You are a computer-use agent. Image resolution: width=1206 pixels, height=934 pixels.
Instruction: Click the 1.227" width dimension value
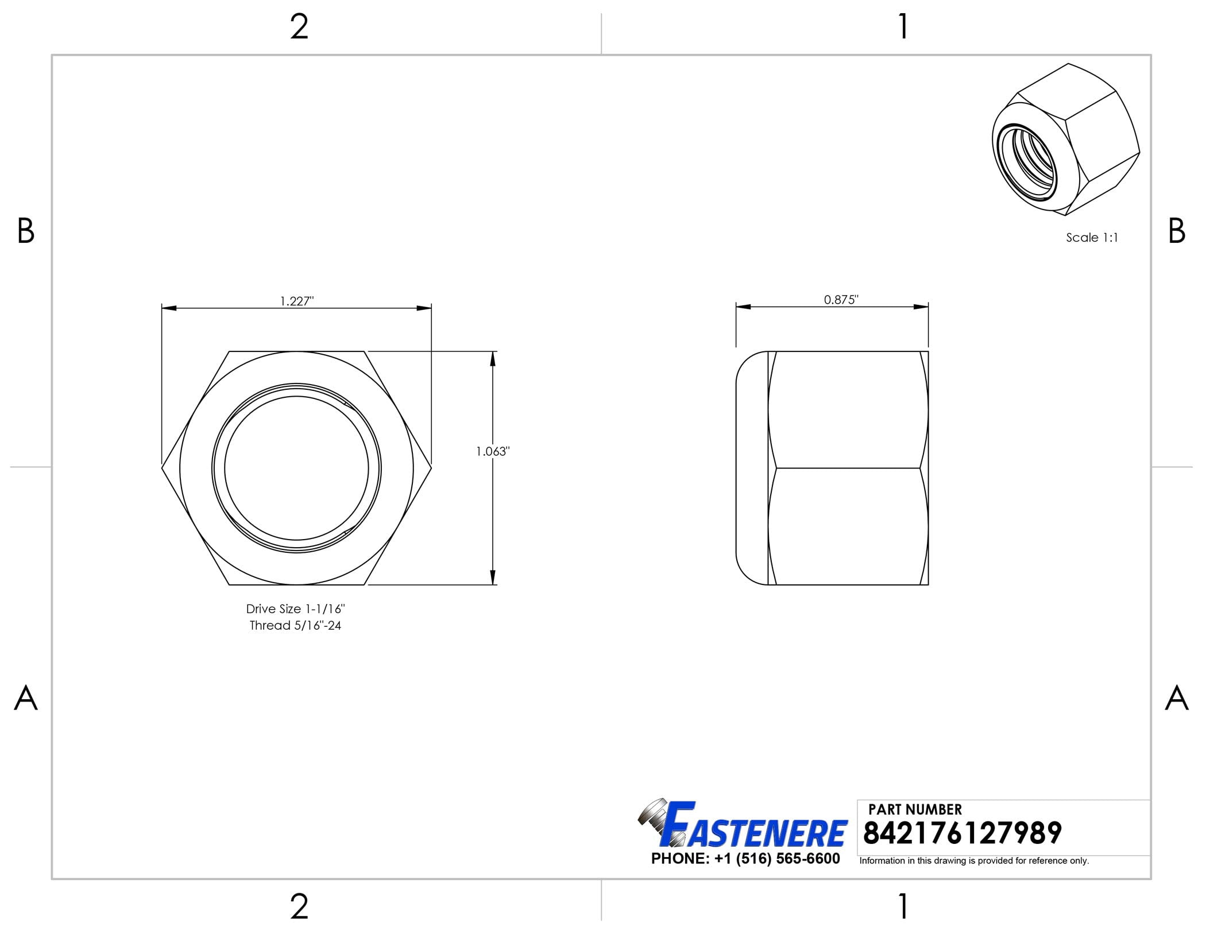296,301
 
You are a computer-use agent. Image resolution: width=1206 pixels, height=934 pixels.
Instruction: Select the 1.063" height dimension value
493,451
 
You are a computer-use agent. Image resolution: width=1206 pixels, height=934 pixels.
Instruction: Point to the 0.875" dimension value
841,299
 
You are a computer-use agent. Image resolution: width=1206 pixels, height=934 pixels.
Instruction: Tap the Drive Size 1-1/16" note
295,609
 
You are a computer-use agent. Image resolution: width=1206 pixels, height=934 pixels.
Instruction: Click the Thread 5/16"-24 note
295,625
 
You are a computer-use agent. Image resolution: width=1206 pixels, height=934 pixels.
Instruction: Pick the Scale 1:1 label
1092,237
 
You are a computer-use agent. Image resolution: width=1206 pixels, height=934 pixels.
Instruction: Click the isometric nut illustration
1066,139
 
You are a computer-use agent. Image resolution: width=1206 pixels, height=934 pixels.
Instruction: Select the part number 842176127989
963,833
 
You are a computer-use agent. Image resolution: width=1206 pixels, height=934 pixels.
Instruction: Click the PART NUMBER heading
915,809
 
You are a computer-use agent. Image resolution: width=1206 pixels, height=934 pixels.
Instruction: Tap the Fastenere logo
742,824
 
